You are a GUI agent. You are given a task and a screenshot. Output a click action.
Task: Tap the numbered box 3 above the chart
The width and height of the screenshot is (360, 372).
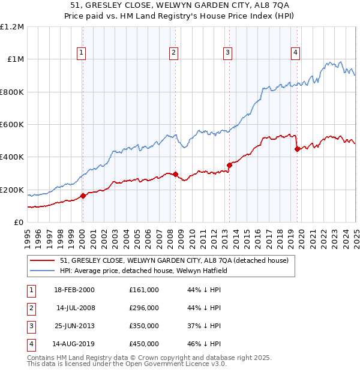tap(228, 53)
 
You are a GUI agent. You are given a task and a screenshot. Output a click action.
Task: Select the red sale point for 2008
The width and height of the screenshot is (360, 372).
tap(175, 175)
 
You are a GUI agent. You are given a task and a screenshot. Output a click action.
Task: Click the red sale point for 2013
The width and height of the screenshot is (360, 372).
tap(229, 165)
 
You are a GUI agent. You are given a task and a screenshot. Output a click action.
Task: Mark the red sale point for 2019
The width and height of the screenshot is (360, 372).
tap(297, 149)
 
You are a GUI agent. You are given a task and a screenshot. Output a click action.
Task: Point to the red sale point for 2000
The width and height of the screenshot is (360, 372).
tap(83, 196)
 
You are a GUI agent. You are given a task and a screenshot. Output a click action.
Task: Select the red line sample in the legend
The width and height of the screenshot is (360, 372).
tap(42, 261)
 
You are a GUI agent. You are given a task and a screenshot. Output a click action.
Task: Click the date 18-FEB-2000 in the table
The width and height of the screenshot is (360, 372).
tap(74, 290)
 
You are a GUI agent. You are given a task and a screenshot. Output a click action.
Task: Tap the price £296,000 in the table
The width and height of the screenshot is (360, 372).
tap(144, 308)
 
